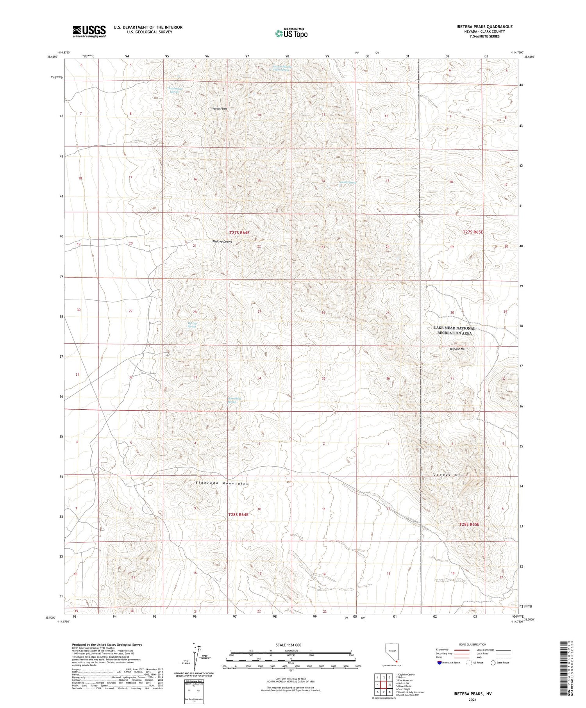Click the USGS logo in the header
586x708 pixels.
point(89,31)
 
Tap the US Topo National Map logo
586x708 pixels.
point(291,33)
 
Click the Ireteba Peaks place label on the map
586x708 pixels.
point(219,109)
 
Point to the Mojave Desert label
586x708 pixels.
point(222,242)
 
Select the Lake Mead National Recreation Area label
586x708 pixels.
point(455,330)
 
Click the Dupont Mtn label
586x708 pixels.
point(458,349)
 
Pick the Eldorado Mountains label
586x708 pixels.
point(222,483)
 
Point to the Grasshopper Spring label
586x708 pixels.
point(175,90)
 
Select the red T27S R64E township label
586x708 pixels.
point(239,233)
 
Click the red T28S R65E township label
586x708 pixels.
point(469,524)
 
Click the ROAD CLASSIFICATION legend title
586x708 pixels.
point(472,645)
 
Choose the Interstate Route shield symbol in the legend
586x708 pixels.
point(439,663)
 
